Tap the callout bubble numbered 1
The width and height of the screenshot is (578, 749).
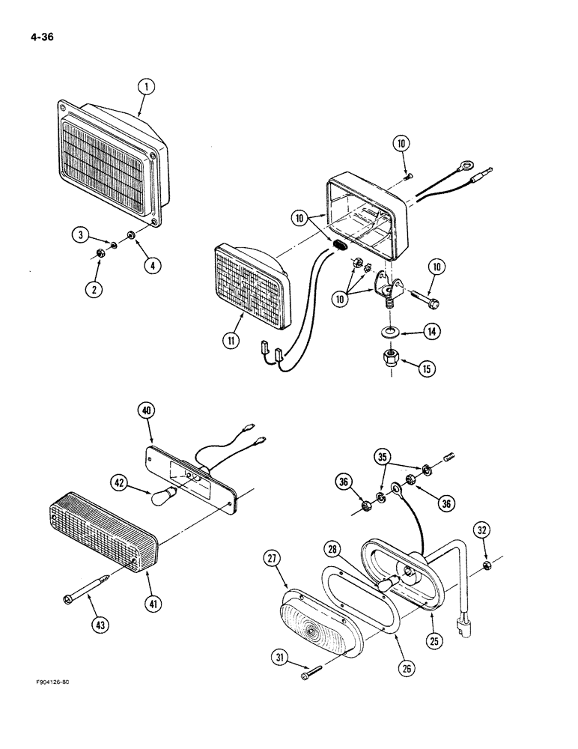pyautogui.click(x=147, y=88)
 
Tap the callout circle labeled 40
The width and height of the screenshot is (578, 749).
pyautogui.click(x=147, y=410)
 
